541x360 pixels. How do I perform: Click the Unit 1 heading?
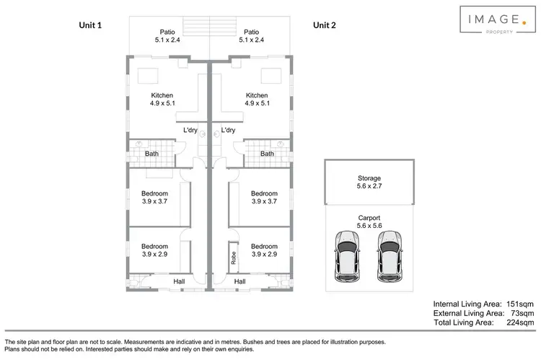coord(89,25)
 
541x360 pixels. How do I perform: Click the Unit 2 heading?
coord(325,25)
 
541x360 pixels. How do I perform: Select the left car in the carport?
coord(348,257)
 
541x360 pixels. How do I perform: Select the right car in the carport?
coord(390,257)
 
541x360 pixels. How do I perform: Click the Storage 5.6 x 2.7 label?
coord(369,182)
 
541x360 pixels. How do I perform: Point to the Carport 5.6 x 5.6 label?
coord(369,221)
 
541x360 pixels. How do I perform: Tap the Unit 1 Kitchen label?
coord(162,100)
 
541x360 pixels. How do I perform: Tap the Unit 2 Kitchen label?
coord(257,100)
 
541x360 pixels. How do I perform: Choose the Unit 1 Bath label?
coord(151,154)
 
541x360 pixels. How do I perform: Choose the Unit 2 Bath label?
coord(267,154)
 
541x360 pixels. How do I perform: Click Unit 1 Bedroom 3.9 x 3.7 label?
coord(154,198)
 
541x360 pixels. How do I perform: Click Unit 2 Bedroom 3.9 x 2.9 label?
coord(264,250)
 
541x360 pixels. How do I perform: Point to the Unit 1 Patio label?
coord(167,36)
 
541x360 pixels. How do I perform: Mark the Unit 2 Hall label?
coord(240,281)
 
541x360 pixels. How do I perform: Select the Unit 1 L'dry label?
coord(190,131)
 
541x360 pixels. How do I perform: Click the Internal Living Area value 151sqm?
coord(518,304)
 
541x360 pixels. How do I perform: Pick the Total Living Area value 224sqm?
coord(518,322)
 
